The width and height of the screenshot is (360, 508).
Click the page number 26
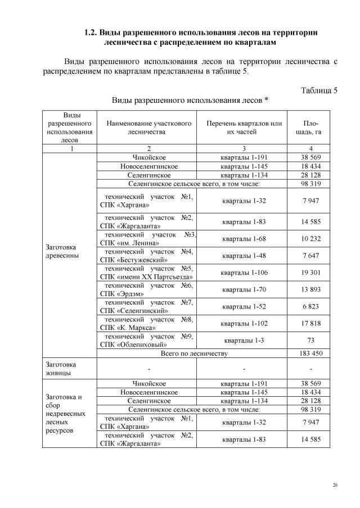click(335, 485)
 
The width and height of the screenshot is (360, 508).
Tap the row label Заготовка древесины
click(61, 251)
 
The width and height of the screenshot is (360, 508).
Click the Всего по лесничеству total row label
click(193, 353)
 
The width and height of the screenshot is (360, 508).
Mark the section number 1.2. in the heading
click(92, 33)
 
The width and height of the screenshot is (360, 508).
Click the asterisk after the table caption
click(266, 101)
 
